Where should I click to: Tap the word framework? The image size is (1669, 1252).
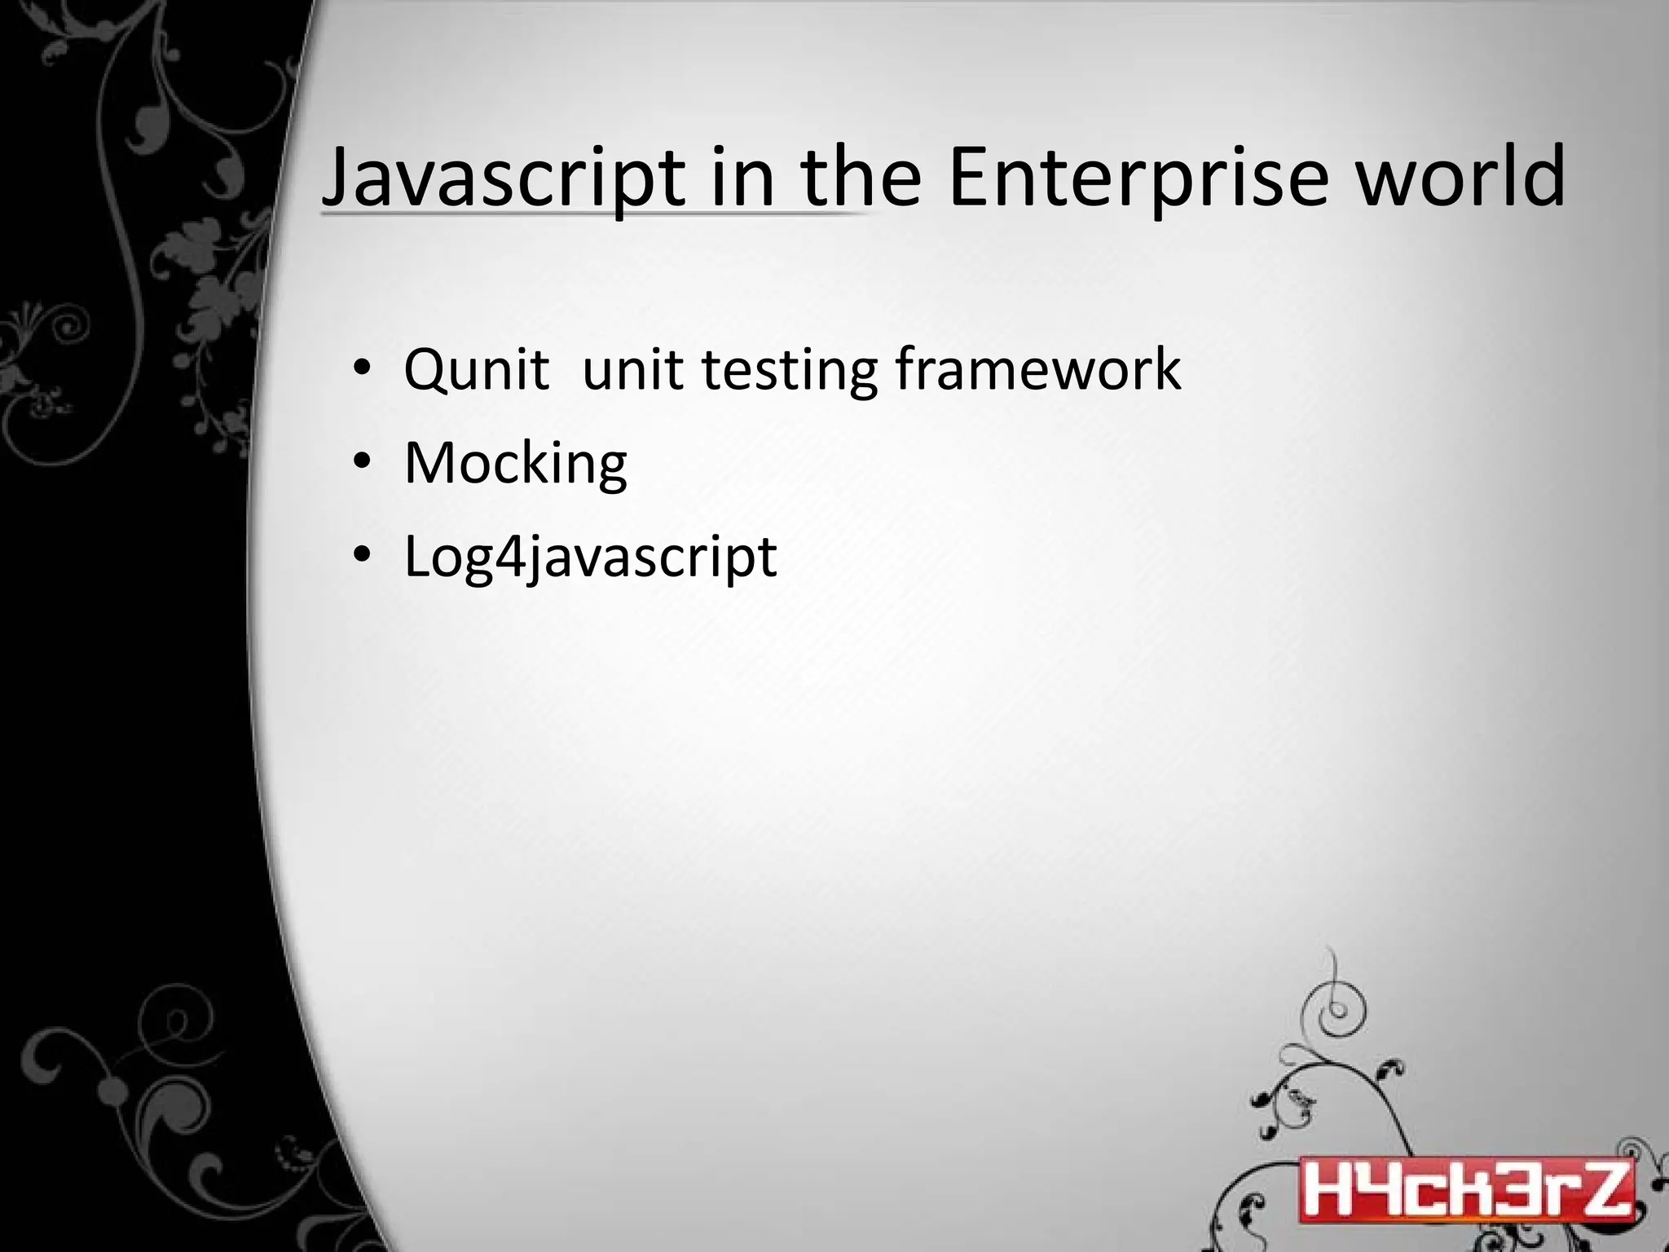click(x=1037, y=369)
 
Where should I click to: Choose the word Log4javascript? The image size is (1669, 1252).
click(x=590, y=558)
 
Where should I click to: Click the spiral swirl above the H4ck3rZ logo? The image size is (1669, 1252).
click(x=1334, y=1008)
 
